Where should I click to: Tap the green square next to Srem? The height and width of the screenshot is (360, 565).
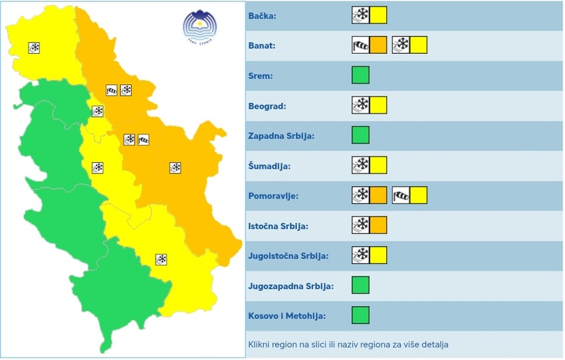pyautogui.click(x=360, y=75)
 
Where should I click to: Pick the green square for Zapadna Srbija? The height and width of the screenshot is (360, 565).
pyautogui.click(x=360, y=135)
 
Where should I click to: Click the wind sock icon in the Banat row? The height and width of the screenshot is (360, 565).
pyautogui.click(x=360, y=45)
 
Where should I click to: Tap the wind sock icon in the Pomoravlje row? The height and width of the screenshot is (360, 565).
pyautogui.click(x=401, y=195)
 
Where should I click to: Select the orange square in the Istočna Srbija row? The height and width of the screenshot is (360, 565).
pyautogui.click(x=378, y=225)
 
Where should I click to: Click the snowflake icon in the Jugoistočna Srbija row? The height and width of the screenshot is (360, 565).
pyautogui.click(x=360, y=255)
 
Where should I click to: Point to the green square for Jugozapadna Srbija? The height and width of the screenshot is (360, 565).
pyautogui.click(x=360, y=285)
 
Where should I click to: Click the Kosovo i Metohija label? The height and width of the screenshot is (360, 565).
pyautogui.click(x=286, y=316)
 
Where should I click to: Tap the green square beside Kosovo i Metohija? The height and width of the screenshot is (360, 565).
pyautogui.click(x=360, y=315)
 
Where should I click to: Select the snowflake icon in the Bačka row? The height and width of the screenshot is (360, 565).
pyautogui.click(x=360, y=15)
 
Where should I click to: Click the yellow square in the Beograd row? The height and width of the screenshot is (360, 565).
pyautogui.click(x=378, y=105)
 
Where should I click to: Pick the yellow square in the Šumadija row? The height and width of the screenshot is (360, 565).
pyautogui.click(x=378, y=165)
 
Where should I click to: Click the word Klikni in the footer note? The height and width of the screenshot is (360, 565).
pyautogui.click(x=261, y=345)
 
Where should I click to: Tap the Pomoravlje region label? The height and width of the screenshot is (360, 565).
pyautogui.click(x=273, y=196)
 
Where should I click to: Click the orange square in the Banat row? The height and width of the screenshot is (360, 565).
pyautogui.click(x=378, y=45)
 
